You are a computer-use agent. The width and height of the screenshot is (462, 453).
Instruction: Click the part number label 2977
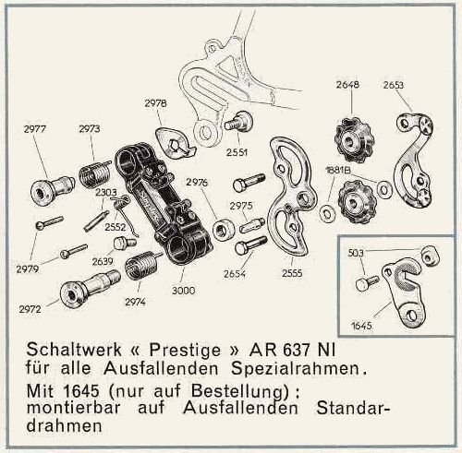pos(34,129)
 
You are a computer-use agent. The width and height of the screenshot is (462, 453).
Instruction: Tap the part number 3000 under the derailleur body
pos(183,291)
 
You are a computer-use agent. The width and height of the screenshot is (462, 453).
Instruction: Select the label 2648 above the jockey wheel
pos(347,84)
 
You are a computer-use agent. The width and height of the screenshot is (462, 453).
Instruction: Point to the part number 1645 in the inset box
pos(361,326)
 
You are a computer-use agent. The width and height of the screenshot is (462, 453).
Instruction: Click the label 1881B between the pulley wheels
pos(338,170)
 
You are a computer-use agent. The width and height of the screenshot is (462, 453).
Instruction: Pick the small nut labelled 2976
pos(224,230)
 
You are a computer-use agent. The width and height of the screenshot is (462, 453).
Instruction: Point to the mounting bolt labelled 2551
pos(238,121)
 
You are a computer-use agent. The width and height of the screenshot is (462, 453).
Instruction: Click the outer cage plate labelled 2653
pos(414,160)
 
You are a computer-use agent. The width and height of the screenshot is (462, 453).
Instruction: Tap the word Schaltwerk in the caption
pos(74,350)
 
